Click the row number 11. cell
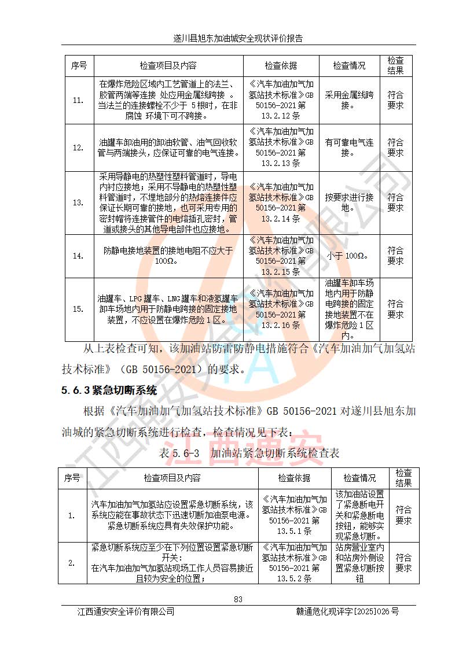78,100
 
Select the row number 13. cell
78,202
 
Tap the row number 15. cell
78,309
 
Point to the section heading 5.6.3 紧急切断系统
109,390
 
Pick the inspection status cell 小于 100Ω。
349,256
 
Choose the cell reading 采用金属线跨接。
349,100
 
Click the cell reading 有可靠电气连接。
349,147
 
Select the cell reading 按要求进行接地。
349,202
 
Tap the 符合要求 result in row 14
395,256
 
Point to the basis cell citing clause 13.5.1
294,515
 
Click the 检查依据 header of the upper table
280,66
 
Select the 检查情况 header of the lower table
359,478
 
